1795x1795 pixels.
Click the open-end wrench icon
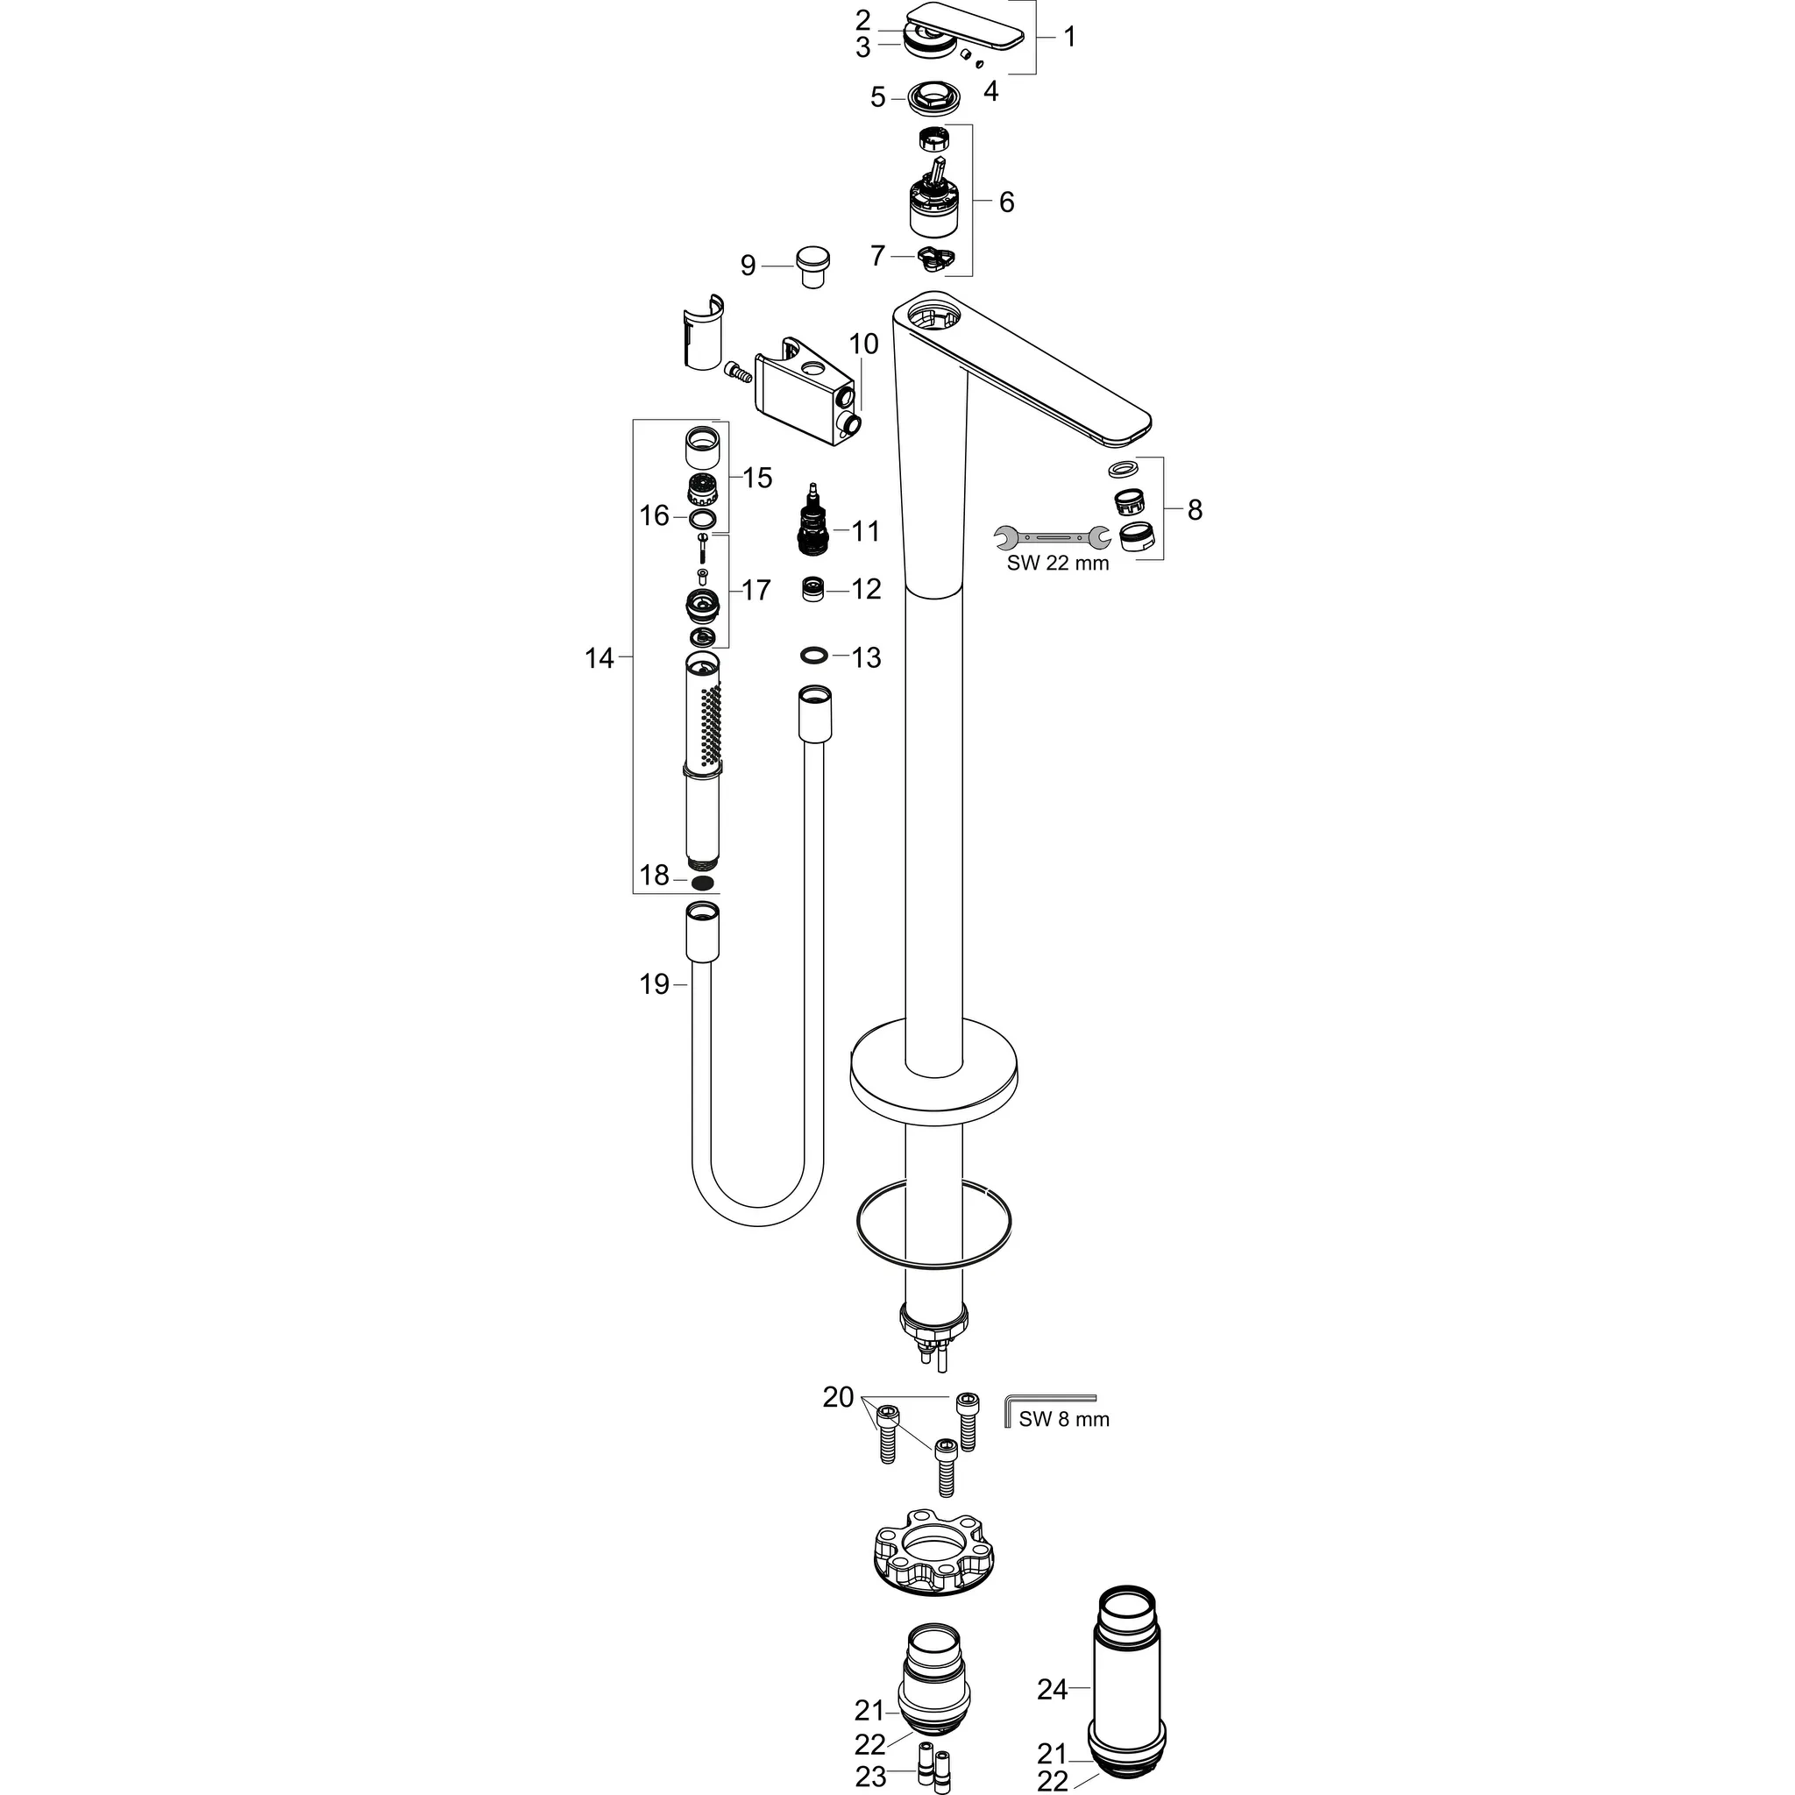pyautogui.click(x=1051, y=536)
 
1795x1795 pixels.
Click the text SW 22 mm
pyautogui.click(x=1057, y=563)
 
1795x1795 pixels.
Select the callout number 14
pyautogui.click(x=600, y=658)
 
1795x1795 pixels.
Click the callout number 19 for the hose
pyautogui.click(x=654, y=984)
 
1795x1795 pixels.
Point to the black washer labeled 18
pyautogui.click(x=706, y=882)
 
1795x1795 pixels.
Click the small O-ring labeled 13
pyautogui.click(x=814, y=656)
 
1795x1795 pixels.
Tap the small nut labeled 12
pyautogui.click(x=814, y=589)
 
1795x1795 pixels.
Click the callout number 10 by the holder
pyautogui.click(x=863, y=344)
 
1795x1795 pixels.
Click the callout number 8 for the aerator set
pyautogui.click(x=1195, y=509)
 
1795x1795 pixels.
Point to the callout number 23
pyautogui.click(x=870, y=1777)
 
